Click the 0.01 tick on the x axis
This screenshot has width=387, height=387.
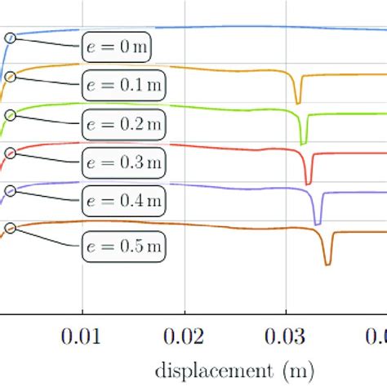pyautogui.click(x=82, y=336)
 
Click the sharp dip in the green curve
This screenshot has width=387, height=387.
pyautogui.click(x=304, y=141)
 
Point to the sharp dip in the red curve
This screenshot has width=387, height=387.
pyautogui.click(x=309, y=182)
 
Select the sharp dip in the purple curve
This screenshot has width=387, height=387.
pyautogui.click(x=318, y=222)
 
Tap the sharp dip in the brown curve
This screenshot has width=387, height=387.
pyautogui.click(x=327, y=263)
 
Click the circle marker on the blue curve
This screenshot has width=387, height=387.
pyautogui.click(x=11, y=38)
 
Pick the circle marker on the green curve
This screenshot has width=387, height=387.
pyautogui.click(x=11, y=114)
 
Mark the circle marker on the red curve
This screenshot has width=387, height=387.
pyautogui.click(x=11, y=151)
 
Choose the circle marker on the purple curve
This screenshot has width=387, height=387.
pyautogui.click(x=11, y=191)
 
